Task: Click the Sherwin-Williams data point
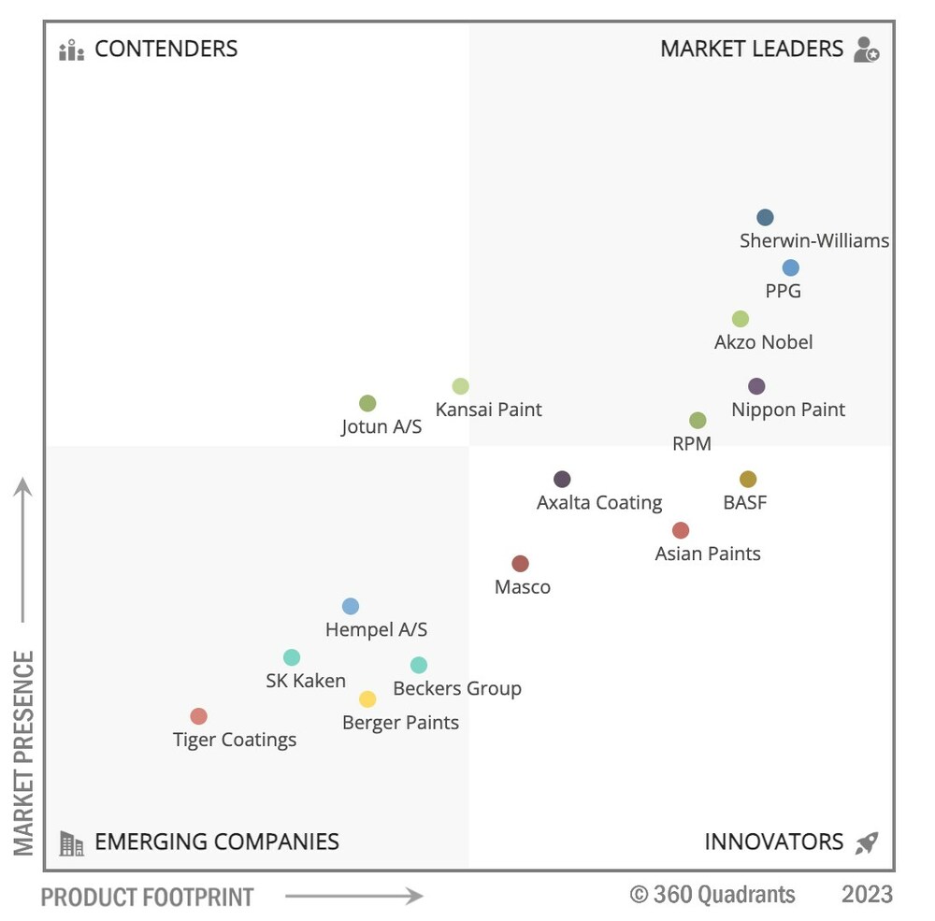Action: (x=765, y=218)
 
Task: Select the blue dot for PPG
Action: (x=791, y=268)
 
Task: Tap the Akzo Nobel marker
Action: (x=741, y=319)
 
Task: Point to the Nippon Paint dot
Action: (x=757, y=386)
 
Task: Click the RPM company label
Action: (x=692, y=444)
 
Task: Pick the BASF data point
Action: (x=748, y=480)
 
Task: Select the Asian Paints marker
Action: (x=681, y=531)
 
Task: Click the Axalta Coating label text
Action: (x=599, y=503)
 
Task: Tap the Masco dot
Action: (x=521, y=564)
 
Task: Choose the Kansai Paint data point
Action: (x=461, y=386)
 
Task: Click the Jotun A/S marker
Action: (x=367, y=404)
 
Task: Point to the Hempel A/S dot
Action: (x=351, y=607)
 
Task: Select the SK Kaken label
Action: (x=306, y=681)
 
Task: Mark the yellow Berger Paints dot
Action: (x=368, y=699)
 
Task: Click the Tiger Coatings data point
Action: (x=198, y=716)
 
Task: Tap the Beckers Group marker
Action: (x=419, y=666)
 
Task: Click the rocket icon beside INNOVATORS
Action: (x=867, y=842)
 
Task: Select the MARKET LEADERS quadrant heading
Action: (x=752, y=49)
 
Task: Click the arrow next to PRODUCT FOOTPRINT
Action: (x=353, y=897)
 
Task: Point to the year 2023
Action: (x=867, y=895)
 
